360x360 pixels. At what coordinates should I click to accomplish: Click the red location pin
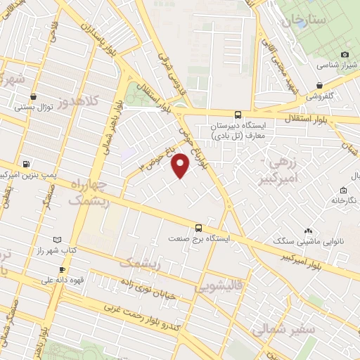(181, 165)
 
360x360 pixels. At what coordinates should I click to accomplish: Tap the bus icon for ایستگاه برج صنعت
(199, 227)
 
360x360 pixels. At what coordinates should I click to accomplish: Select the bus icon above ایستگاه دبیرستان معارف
(237, 115)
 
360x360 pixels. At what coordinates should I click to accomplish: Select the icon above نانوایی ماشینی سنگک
(309, 231)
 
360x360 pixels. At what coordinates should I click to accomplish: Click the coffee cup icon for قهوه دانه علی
(62, 269)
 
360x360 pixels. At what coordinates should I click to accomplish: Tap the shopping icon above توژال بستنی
(34, 97)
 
